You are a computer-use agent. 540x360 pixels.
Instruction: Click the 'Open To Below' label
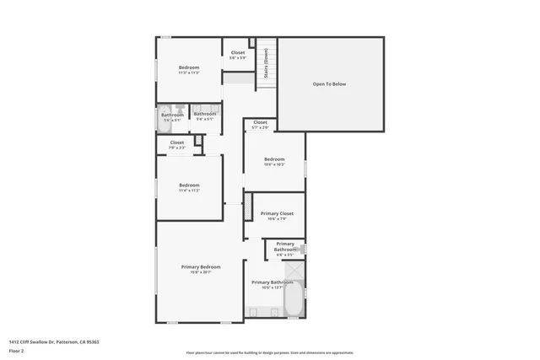329,84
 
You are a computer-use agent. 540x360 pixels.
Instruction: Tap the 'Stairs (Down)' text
267,63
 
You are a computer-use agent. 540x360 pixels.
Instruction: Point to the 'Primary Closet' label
274,213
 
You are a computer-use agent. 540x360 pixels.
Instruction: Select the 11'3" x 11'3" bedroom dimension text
188,73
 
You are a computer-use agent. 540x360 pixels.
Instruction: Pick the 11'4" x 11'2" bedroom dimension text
189,191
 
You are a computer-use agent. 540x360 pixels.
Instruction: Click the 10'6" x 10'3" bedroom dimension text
274,165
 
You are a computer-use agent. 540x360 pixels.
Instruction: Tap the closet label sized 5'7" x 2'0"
261,126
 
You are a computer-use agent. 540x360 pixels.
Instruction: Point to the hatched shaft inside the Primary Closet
248,208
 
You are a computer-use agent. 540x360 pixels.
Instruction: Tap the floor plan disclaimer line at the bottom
270,352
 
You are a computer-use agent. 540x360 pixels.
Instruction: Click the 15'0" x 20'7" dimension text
201,272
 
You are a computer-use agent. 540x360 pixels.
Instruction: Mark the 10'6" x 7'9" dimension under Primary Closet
274,219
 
